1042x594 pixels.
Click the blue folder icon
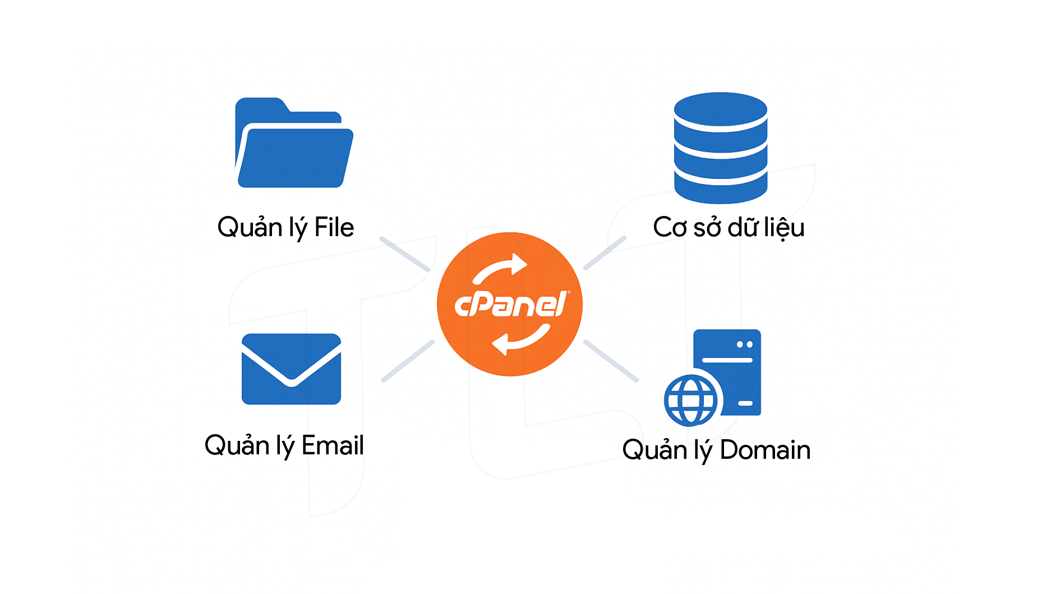[x=293, y=146]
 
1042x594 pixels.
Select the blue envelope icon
[x=291, y=369]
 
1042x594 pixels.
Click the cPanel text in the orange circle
[x=510, y=305]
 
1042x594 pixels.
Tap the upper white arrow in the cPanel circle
[x=500, y=268]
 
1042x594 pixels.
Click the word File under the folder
[x=334, y=227]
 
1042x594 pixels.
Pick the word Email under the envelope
[x=333, y=445]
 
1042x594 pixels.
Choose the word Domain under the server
[x=765, y=450]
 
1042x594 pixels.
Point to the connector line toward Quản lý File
[x=404, y=254]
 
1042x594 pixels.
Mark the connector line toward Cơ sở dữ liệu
[x=605, y=253]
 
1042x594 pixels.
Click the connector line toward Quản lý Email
[x=408, y=361]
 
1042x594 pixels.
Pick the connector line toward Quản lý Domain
[x=611, y=361]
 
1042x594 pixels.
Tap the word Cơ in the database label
[x=670, y=227]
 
